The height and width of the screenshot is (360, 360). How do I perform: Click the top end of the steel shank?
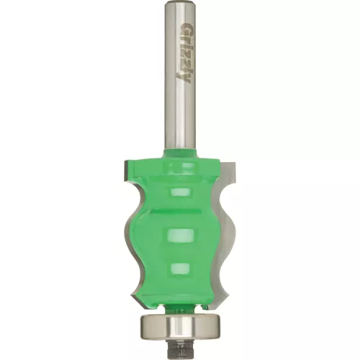(180, 1)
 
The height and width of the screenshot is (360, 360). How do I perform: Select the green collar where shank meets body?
(180, 153)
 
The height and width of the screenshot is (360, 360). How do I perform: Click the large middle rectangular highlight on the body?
(180, 235)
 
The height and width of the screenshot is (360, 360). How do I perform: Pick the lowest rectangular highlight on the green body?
(181, 269)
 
